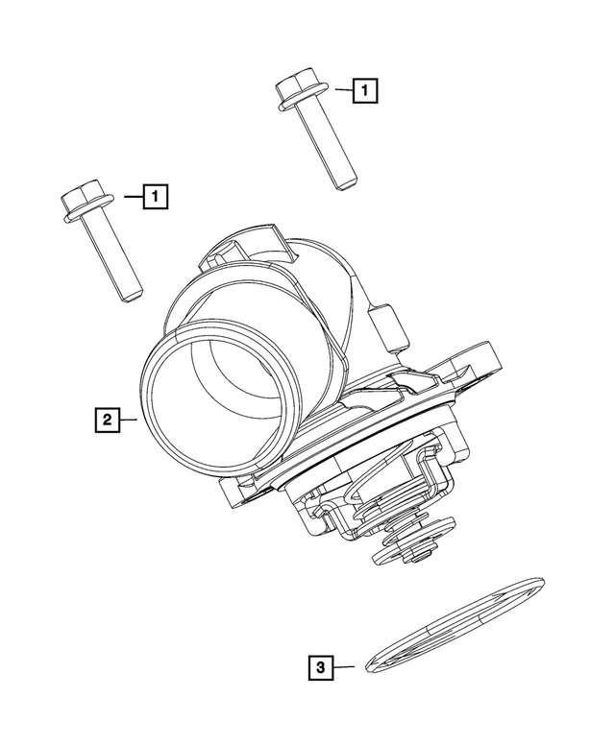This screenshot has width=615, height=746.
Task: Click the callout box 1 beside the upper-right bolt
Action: [x=364, y=91]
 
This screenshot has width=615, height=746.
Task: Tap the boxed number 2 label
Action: [x=107, y=420]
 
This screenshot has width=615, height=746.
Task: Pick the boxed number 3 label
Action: [x=322, y=665]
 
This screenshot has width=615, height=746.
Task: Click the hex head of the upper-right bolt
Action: [x=297, y=89]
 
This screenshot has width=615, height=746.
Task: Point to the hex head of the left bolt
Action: [x=81, y=203]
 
